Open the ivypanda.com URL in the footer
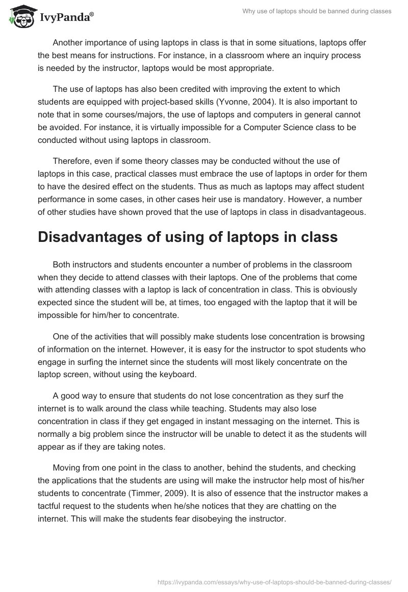[x=275, y=581]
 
